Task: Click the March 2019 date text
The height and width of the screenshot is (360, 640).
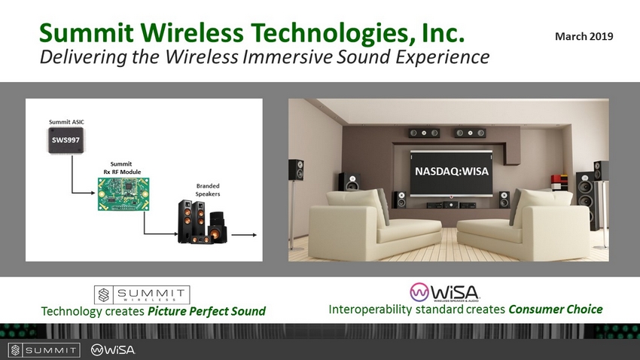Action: coord(584,36)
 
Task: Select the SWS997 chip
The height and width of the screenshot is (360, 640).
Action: coord(66,140)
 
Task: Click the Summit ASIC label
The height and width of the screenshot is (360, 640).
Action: coord(66,122)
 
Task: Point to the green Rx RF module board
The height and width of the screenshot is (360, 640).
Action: coord(123,194)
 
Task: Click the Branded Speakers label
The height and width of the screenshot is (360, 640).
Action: coord(208,190)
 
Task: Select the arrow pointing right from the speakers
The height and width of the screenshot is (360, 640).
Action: coord(244,235)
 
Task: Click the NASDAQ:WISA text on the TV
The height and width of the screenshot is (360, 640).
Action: coord(452,171)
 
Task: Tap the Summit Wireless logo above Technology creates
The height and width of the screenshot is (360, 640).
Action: coord(142,294)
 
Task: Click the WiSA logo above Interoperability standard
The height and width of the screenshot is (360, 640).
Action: coord(444,292)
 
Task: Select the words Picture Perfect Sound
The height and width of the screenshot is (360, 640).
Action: coord(206,312)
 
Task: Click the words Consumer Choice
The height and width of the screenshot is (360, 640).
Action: coord(556,310)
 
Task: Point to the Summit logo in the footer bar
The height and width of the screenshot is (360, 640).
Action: coord(44,349)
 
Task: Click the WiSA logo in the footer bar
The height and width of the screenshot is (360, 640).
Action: coord(113,349)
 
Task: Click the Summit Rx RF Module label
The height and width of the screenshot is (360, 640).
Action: coord(122,168)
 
